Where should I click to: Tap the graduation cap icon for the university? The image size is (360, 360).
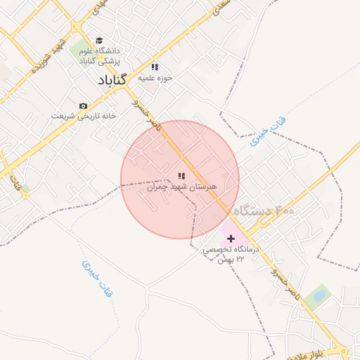[x=99, y=40]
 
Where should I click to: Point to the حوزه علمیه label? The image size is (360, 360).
[x=155, y=77]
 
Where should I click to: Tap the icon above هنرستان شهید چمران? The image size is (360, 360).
[x=181, y=176]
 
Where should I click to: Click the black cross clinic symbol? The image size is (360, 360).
[x=231, y=239]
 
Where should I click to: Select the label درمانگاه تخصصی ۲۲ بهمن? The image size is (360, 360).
[x=231, y=255]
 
